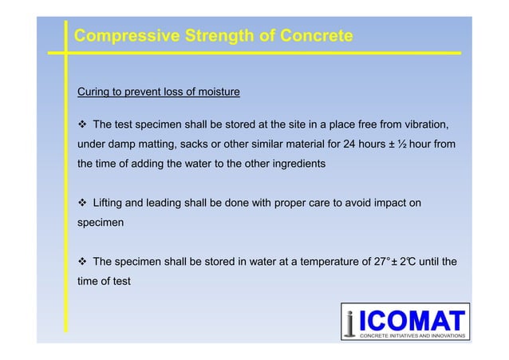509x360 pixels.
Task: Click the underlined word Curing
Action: pyautogui.click(x=94, y=92)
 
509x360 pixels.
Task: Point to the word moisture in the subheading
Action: pyautogui.click(x=215, y=92)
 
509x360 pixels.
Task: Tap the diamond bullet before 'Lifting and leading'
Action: pyautogui.click(x=82, y=204)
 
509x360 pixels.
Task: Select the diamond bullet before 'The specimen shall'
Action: pyautogui.click(x=82, y=261)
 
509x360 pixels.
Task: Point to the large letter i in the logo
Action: pyautogui.click(x=352, y=323)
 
